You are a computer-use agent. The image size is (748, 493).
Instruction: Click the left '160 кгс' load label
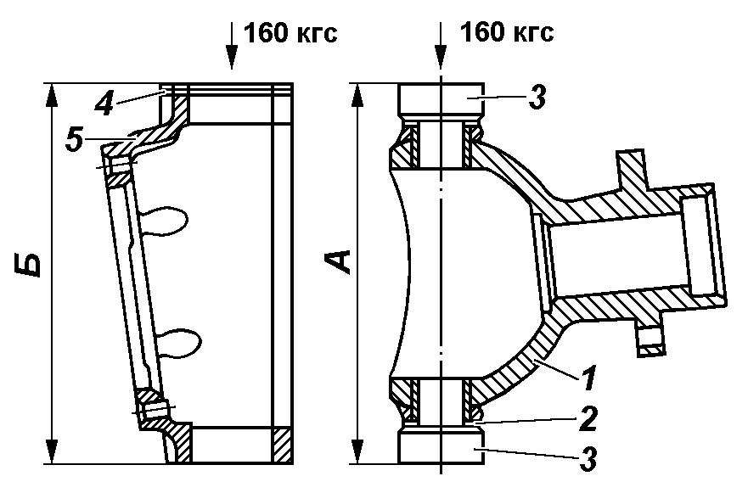290,33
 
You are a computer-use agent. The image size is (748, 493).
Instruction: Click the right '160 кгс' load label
507,33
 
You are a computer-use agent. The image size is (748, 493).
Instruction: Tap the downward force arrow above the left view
232,46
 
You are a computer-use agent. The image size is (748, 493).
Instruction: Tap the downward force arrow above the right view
441,46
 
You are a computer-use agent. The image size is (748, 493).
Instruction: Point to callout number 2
588,419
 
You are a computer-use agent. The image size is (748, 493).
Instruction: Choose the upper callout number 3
537,98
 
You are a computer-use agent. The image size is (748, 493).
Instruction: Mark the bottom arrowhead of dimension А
357,451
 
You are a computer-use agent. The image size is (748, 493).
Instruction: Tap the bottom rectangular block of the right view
441,447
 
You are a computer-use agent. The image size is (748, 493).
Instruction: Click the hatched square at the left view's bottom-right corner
282,445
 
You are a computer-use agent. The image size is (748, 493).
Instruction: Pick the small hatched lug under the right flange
650,342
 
